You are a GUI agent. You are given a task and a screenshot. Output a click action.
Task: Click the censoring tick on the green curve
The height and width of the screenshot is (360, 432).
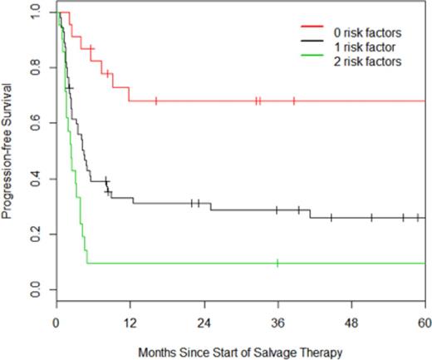pos(277,263)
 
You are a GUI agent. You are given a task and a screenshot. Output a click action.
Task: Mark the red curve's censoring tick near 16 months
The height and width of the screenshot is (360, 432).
pos(155,101)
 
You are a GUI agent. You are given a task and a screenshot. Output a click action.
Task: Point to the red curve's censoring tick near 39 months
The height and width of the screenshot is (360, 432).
pos(294,101)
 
